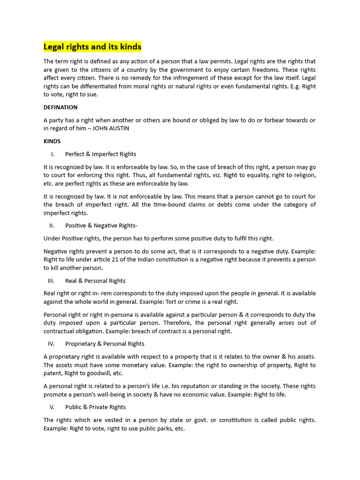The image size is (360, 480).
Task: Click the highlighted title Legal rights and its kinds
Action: coord(92,47)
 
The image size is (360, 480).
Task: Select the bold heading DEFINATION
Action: coord(60,107)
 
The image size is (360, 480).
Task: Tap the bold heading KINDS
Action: coord(52,141)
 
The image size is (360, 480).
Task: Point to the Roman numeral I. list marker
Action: coord(52,154)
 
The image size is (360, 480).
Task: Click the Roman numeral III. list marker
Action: coord(51,281)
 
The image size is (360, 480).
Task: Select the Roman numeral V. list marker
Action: coord(52,407)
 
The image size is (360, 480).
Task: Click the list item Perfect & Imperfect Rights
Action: coord(101,154)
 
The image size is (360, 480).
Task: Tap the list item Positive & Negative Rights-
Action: coord(101,225)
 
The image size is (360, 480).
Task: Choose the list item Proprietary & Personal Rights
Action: coord(105,344)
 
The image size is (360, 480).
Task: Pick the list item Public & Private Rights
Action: coord(95,407)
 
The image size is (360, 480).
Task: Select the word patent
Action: coord(53,373)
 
